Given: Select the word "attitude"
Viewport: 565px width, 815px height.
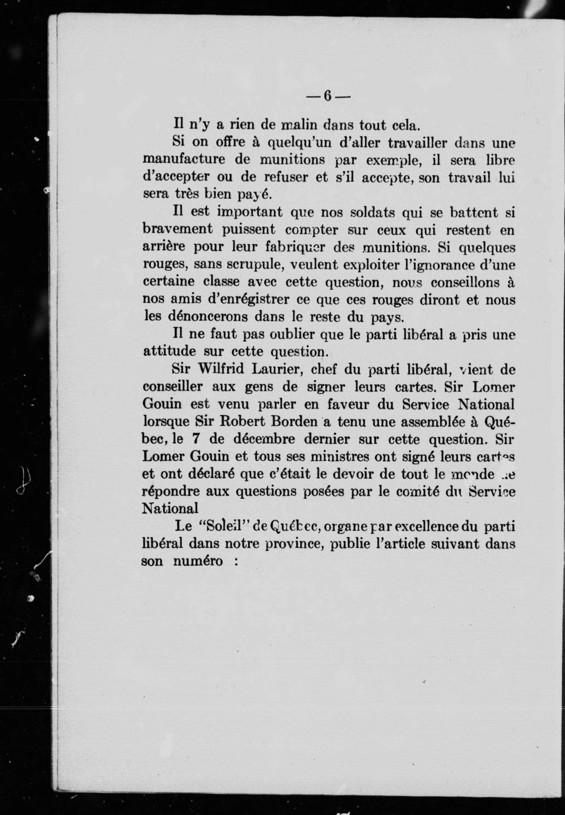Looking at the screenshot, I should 170,351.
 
